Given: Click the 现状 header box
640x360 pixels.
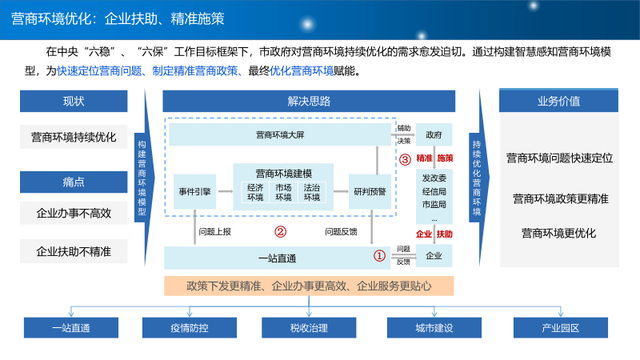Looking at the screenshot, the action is (74, 101).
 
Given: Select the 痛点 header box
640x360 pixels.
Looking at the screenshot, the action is (74, 182).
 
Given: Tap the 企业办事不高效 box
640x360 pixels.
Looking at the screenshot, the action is (74, 214).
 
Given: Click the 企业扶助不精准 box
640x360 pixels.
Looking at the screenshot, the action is (74, 251).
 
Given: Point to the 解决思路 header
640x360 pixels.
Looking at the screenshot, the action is (309, 101).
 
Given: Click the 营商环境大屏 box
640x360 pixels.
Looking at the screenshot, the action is (279, 134).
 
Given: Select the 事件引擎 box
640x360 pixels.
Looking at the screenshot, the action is (194, 191).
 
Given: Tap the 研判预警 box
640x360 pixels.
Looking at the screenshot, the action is (370, 191).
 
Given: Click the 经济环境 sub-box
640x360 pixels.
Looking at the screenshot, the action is (255, 193).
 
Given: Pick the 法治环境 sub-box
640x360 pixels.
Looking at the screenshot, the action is (311, 193).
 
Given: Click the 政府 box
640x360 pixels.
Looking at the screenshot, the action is (434, 134).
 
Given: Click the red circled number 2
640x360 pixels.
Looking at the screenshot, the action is (280, 232).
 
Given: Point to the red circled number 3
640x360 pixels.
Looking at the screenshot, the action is (405, 158).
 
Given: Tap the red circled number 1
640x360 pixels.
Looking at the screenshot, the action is (380, 256).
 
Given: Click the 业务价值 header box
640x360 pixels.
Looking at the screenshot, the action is (559, 101).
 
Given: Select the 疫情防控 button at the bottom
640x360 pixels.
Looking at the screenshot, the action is (189, 328).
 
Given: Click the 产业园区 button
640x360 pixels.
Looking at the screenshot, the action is (560, 328).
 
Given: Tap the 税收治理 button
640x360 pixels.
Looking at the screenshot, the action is (309, 328).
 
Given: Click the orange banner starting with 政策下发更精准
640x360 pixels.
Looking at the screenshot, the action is (309, 285).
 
